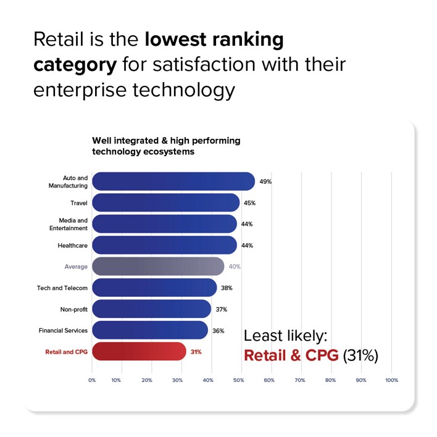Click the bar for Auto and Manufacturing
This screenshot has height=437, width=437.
coord(173,181)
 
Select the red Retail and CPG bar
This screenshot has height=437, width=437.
coord(139,352)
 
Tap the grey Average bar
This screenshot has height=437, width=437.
coord(158,267)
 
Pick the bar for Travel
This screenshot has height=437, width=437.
coord(165,202)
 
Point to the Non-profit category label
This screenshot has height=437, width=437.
coord(73,309)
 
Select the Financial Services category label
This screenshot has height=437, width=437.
coord(63,331)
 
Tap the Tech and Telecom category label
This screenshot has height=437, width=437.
coord(64,288)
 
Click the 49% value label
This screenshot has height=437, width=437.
coord(265,182)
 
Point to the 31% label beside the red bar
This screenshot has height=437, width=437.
coord(196,352)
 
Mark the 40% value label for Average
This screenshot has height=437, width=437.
coord(235,267)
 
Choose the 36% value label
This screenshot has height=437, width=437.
coord(218,331)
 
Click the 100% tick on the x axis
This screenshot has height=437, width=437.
coord(391,380)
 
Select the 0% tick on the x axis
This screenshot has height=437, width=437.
coord(92,380)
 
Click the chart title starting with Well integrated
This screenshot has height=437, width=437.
coord(166,146)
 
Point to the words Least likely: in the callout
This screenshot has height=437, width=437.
coord(285,336)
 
